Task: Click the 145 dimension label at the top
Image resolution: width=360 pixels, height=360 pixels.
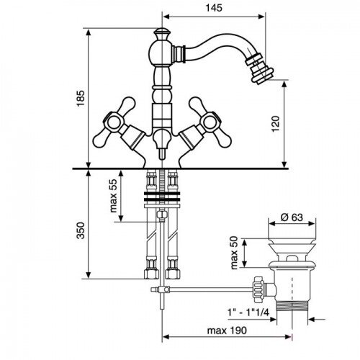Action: tap(214, 8)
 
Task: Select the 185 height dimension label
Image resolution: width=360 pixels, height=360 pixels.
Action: tap(81, 99)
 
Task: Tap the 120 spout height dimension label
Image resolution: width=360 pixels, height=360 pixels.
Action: tap(276, 124)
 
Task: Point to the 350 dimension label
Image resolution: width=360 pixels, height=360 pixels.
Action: tap(81, 230)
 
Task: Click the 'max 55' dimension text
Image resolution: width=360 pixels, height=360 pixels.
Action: tap(113, 196)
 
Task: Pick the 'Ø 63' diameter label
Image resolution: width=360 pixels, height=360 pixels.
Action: tap(292, 217)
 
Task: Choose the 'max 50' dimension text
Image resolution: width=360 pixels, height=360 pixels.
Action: tap(233, 253)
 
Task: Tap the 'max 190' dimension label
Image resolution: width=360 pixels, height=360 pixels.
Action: tap(227, 330)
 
